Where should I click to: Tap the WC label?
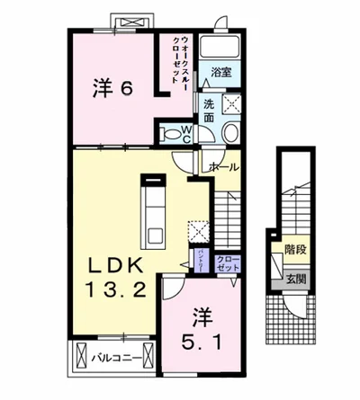(185, 133)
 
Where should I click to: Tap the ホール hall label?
(222, 168)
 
